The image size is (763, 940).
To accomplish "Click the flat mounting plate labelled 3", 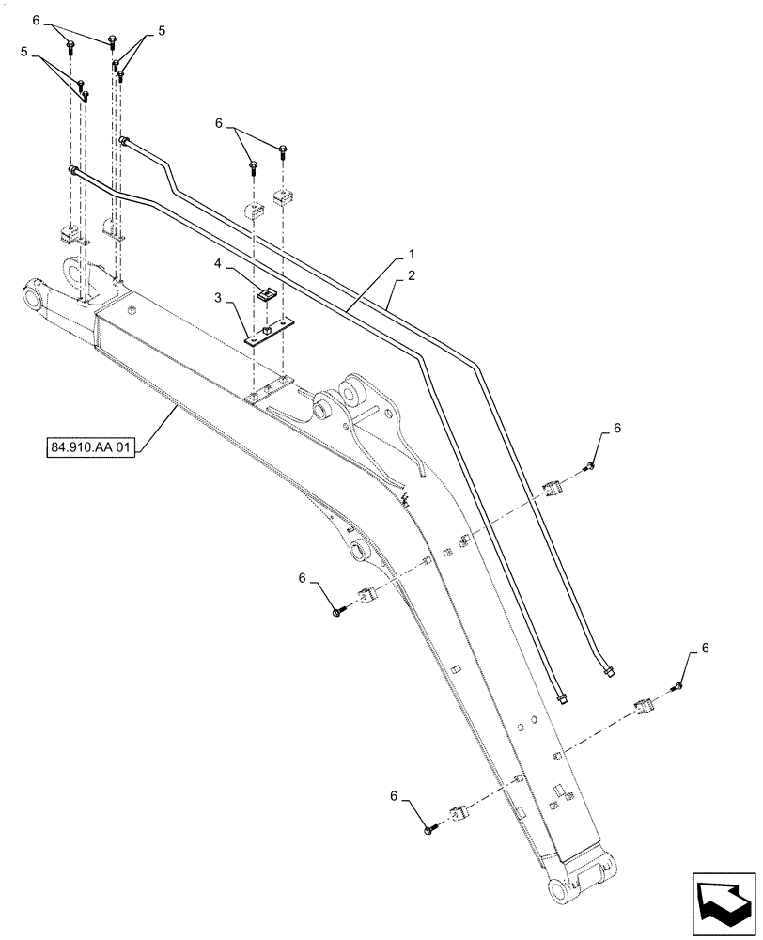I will [270, 335].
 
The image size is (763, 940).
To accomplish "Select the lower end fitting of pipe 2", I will [609, 670].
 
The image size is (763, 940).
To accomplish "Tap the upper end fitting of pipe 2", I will [123, 141].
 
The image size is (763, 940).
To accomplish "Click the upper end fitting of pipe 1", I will [72, 169].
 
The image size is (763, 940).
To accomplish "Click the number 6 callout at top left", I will [36, 20].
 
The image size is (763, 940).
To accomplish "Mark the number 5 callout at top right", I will [161, 31].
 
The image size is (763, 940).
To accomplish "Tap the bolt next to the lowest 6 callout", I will [430, 827].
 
